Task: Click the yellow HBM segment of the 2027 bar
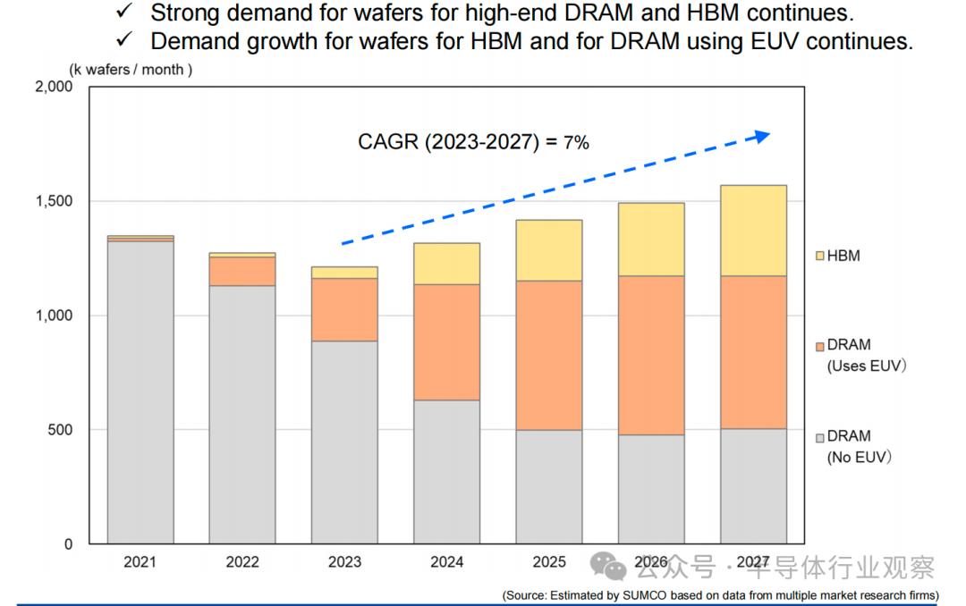753,231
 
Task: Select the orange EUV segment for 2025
549,356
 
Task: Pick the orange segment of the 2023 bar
344,309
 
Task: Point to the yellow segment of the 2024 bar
446,264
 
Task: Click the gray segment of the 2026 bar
651,489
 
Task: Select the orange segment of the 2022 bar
242,271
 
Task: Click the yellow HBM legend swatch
819,257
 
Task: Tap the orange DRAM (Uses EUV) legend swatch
819,346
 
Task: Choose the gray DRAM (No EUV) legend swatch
819,437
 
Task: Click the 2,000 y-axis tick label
53,87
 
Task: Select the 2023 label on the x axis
344,562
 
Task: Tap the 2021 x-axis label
140,562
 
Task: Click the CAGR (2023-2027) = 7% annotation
473,141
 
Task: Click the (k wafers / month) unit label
131,69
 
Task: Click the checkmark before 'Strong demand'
124,13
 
